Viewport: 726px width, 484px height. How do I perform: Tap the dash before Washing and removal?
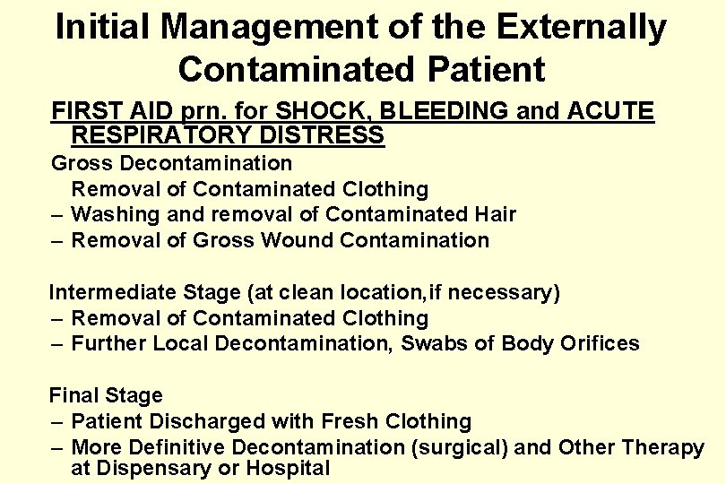[56, 215]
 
